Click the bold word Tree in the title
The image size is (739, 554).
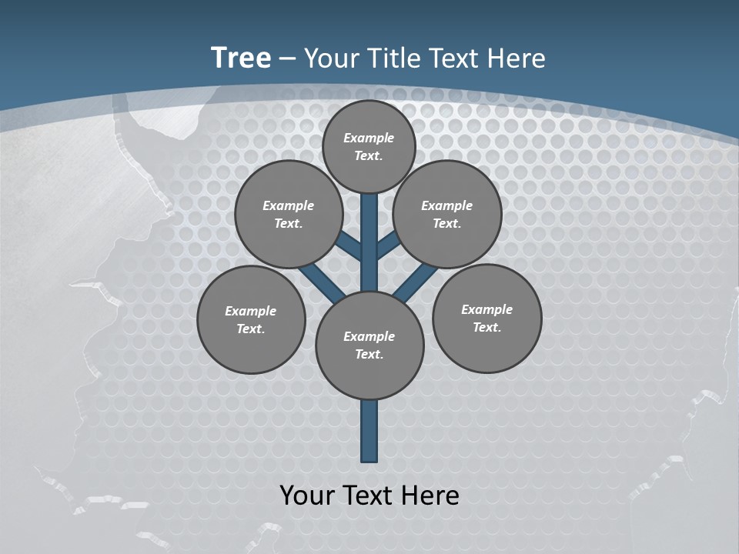pos(241,58)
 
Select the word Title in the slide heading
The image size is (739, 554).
pos(392,58)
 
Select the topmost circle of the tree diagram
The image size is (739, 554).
pos(369,146)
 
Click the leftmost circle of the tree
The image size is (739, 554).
pos(251,319)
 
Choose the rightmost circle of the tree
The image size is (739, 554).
pos(487,318)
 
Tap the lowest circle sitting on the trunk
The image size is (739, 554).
pos(369,345)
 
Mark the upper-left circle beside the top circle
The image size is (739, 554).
pos(289,214)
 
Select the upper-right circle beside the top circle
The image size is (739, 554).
pos(447,214)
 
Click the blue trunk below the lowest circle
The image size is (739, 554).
pos(369,431)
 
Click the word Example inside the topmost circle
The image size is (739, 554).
pos(369,138)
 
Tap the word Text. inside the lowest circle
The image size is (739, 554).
pos(369,354)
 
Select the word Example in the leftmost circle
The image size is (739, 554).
pos(250,311)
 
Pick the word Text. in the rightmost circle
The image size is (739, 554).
pos(487,327)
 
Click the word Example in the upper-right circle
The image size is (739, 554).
pos(446,205)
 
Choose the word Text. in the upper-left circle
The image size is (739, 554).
pos(289,223)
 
